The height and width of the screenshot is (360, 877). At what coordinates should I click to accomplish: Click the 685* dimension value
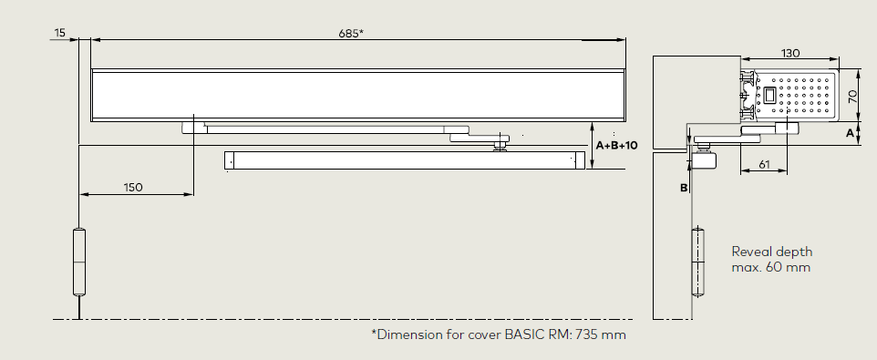point(351,34)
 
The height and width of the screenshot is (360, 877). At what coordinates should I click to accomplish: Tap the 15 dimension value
point(59,33)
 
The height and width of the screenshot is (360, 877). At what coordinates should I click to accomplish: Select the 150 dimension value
point(133,187)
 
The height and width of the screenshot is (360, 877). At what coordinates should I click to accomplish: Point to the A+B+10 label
point(616,145)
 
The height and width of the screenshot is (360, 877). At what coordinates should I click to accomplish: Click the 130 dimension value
point(790,53)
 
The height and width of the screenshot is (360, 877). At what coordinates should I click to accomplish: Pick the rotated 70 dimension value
point(853,96)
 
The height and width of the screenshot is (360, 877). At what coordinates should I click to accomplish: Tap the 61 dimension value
point(764,164)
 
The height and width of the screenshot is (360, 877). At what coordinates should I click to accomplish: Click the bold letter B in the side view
point(684,189)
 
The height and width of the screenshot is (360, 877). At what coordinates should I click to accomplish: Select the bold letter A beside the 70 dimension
point(851,134)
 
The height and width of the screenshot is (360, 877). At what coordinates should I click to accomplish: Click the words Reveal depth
point(772,252)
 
